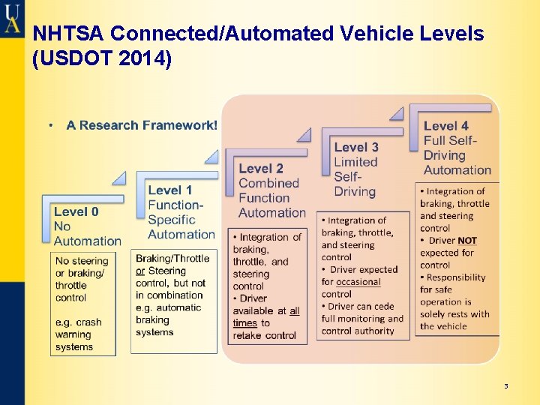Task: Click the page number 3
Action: (505, 386)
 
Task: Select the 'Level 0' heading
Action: (76, 211)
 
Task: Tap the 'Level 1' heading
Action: (170, 190)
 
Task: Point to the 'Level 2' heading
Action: (261, 168)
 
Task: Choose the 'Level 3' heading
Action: (356, 147)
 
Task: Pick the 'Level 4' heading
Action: (446, 126)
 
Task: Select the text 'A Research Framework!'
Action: (142, 125)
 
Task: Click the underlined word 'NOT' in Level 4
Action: (467, 241)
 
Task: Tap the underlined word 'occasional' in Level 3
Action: (358, 282)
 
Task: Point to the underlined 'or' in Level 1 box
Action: (140, 271)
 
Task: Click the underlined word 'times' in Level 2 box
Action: (245, 323)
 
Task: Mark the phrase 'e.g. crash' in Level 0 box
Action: (78, 322)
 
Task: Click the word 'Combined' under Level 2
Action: (268, 183)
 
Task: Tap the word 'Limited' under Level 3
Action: (355, 162)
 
